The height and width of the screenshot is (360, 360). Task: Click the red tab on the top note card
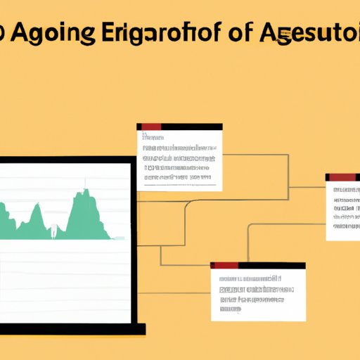point(150,127)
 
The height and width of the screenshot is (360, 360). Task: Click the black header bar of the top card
point(191,127)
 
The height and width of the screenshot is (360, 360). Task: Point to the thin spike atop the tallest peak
point(85,184)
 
